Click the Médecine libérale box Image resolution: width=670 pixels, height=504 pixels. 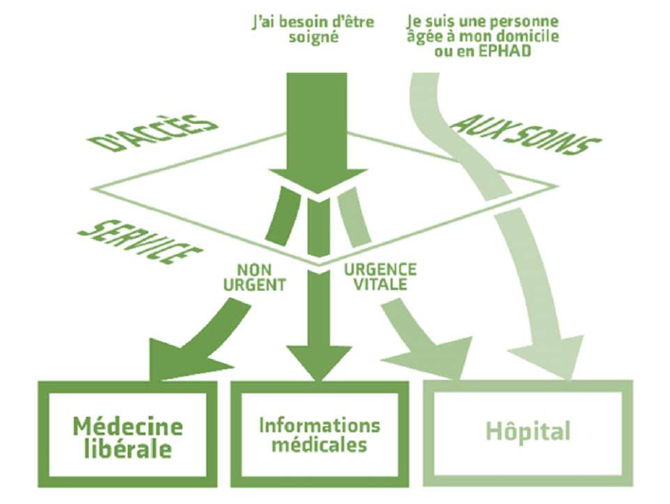[128, 434]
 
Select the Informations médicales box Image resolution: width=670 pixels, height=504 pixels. [319, 434]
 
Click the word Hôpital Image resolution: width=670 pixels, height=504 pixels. [528, 433]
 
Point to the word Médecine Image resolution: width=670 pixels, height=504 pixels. [128, 423]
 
